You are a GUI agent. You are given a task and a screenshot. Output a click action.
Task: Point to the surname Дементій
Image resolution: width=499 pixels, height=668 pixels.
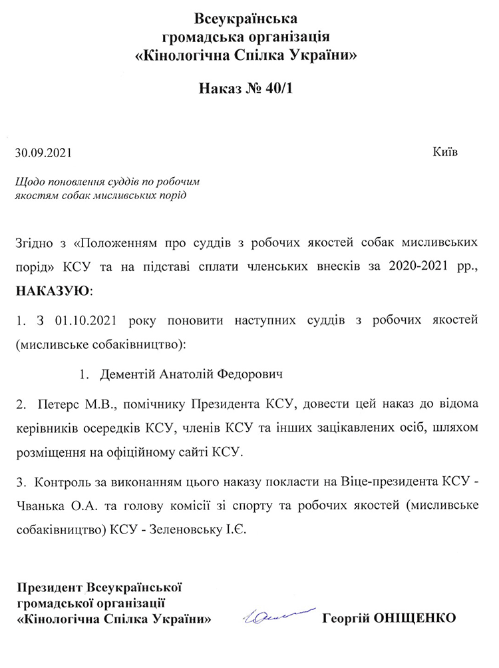pyautogui.click(x=128, y=374)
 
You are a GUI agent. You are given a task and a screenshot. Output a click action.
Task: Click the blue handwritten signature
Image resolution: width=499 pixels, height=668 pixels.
pyautogui.click(x=279, y=617)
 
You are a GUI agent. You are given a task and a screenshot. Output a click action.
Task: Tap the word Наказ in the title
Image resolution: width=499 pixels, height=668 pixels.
pyautogui.click(x=222, y=89)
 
